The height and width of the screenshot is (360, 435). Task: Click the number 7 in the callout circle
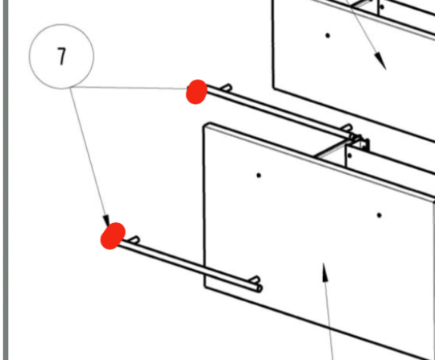pyautogui.click(x=62, y=56)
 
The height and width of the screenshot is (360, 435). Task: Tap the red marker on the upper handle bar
pyautogui.click(x=197, y=92)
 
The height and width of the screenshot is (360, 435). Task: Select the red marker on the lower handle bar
pyautogui.click(x=113, y=236)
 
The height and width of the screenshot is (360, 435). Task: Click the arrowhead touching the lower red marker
pyautogui.click(x=106, y=221)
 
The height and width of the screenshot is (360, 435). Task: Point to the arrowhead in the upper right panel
pyautogui.click(x=380, y=61)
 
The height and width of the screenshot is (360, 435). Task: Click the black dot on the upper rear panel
pyautogui.click(x=328, y=35)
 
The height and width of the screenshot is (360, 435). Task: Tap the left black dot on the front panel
pyautogui.click(x=259, y=176)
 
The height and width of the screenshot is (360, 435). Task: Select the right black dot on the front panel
pyautogui.click(x=379, y=215)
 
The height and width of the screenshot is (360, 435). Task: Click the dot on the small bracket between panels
pyautogui.click(x=350, y=155)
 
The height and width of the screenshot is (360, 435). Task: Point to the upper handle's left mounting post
pyautogui.click(x=226, y=88)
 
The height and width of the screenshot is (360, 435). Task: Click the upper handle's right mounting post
pyautogui.click(x=348, y=127)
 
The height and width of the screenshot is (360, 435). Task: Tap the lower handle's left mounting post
pyautogui.click(x=135, y=240)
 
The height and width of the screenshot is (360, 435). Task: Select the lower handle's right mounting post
pyautogui.click(x=255, y=279)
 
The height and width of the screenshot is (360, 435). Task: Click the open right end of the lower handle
pyautogui.click(x=259, y=288)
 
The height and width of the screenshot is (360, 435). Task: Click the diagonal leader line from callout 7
pyautogui.click(x=89, y=155)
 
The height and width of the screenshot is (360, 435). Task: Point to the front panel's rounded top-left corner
pyautogui.click(x=206, y=126)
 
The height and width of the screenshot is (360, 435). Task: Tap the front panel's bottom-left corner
pyautogui.click(x=205, y=286)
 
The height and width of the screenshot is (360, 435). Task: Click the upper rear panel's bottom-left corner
pyautogui.click(x=275, y=88)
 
